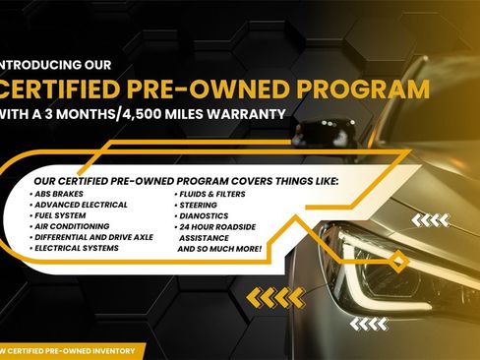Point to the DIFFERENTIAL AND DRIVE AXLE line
pyautogui.click(x=92, y=238)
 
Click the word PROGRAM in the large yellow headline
pyautogui.click(x=369, y=89)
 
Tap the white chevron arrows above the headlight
pyautogui.click(x=429, y=220)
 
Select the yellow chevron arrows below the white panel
pyautogui.click(x=274, y=296)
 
